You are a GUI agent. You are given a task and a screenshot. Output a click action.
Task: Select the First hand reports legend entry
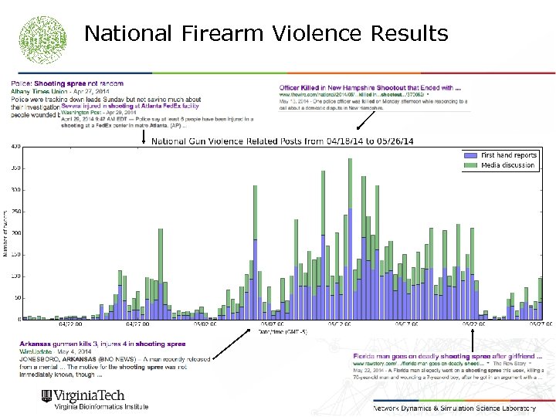(x=508, y=155)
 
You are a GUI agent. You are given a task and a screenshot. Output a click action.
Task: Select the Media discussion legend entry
(x=507, y=165)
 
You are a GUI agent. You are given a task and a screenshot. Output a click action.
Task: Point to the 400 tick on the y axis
(x=15, y=146)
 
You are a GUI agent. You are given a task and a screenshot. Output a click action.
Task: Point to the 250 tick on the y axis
(x=15, y=211)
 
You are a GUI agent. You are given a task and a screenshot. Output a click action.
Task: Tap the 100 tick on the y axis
(x=15, y=276)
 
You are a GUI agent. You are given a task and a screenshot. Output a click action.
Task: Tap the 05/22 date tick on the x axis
(x=469, y=325)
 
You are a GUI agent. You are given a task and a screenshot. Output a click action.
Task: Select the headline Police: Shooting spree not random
(x=67, y=83)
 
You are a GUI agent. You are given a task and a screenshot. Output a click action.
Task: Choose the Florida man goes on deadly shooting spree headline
(x=447, y=356)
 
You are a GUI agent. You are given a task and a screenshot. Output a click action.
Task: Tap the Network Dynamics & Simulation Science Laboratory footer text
(x=454, y=407)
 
